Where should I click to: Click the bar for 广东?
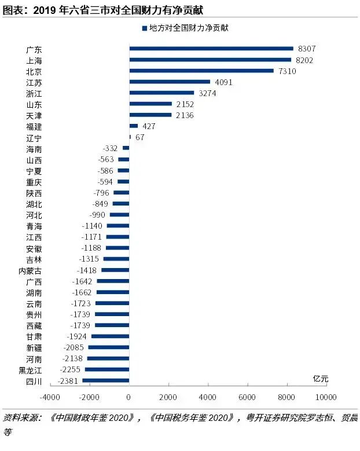point(211,49)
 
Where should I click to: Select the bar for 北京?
point(201,71)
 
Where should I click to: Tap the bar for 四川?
point(105,380)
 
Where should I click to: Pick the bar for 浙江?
point(161,93)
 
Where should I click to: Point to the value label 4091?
point(223,82)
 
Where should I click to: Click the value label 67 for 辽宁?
point(139,137)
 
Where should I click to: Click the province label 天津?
point(34,115)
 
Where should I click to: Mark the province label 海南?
point(34,149)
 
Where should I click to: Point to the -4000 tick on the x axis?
point(50,397)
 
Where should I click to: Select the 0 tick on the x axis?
point(129,397)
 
